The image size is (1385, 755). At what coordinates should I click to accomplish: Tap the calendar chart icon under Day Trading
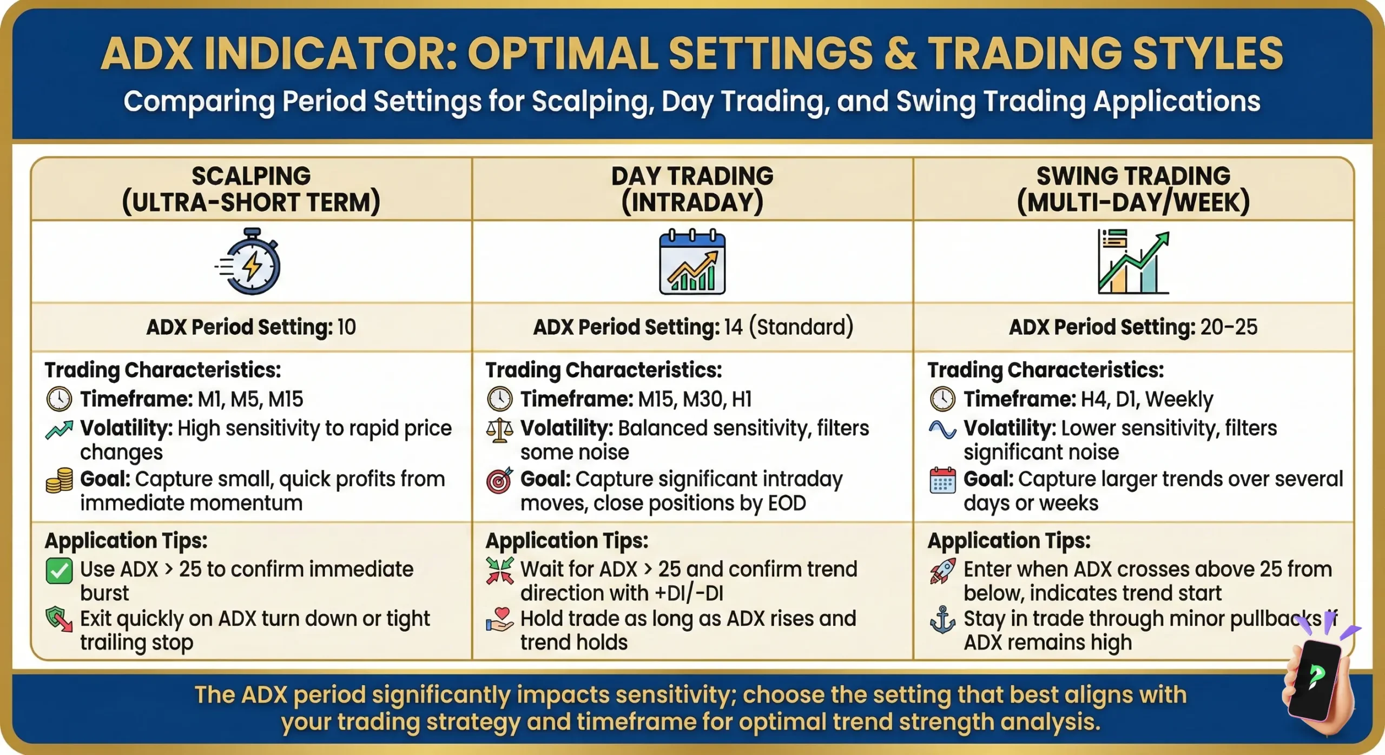pos(692,263)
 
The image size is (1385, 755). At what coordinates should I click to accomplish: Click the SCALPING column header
pos(251,189)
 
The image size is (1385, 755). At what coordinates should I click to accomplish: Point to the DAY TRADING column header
pos(692,189)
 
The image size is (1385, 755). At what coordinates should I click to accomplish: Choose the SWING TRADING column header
pos(1133,189)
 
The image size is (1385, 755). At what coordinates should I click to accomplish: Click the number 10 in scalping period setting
pos(346,327)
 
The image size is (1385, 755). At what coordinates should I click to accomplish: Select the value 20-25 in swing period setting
pos(1228,327)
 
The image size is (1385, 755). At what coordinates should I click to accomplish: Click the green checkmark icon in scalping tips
pos(59,571)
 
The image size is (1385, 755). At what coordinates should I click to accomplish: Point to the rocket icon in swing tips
pos(942,571)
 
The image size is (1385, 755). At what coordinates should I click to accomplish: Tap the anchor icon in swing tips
pos(942,620)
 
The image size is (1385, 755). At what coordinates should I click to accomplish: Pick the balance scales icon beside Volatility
pos(499,430)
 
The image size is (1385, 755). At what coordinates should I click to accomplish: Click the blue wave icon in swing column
pos(942,430)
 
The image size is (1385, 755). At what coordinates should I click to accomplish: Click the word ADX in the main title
pos(147,54)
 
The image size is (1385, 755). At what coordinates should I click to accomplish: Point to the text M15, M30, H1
pos(695,400)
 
